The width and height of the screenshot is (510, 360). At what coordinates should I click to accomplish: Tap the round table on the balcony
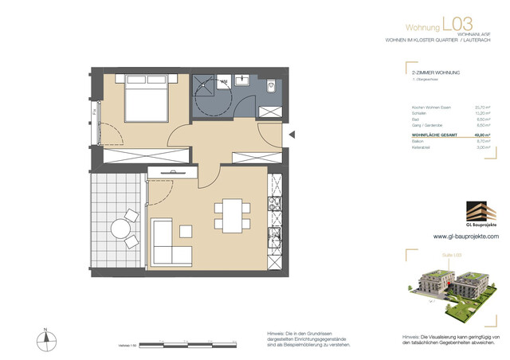click(121, 230)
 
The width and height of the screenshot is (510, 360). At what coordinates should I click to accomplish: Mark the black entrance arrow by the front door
click(292, 135)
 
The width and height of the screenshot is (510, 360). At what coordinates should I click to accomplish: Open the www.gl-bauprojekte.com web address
click(465, 237)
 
